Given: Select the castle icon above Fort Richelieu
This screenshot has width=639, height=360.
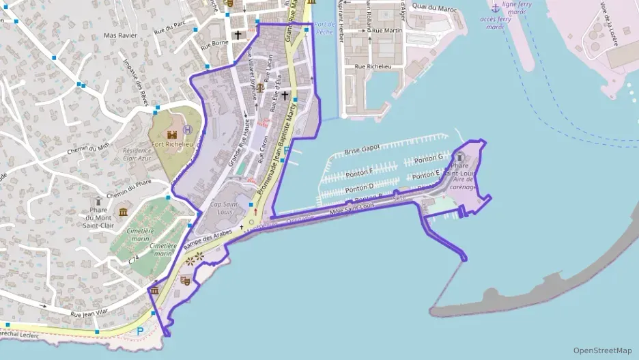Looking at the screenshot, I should click(171, 135).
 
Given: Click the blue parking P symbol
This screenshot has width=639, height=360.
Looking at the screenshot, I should click(141, 331).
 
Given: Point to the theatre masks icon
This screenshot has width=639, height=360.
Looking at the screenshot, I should click(185, 279).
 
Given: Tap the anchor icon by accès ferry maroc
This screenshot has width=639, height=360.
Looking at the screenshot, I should click(496, 8).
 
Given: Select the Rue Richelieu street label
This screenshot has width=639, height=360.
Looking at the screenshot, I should click(373, 67).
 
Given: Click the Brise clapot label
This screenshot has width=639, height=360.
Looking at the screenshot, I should click(362, 150).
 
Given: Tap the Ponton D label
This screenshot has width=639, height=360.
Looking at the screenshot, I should click(360, 187).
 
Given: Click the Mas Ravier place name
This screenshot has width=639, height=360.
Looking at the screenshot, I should click(120, 35).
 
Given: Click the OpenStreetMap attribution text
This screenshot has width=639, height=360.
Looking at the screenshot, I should click(602, 350).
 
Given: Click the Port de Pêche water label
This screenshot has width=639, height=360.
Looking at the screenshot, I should click(324, 27).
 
